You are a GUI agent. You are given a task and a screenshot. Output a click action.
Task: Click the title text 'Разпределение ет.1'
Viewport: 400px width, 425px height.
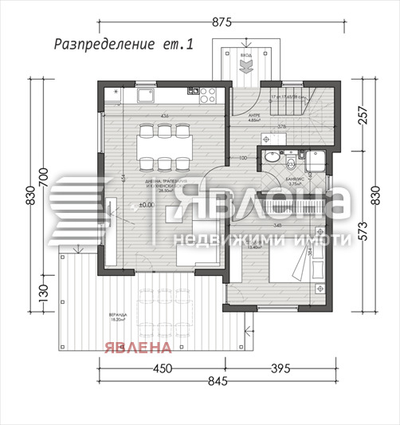124,45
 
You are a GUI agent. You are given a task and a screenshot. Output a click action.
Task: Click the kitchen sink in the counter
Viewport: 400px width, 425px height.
147,96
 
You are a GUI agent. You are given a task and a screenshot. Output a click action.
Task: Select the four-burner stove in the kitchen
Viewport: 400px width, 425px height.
208,96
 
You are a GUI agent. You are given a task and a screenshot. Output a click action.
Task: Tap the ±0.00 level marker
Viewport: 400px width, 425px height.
124,206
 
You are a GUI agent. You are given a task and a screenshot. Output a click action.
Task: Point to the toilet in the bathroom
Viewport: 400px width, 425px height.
292,163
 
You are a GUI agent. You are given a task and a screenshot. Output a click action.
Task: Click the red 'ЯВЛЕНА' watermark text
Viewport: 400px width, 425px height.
135,347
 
